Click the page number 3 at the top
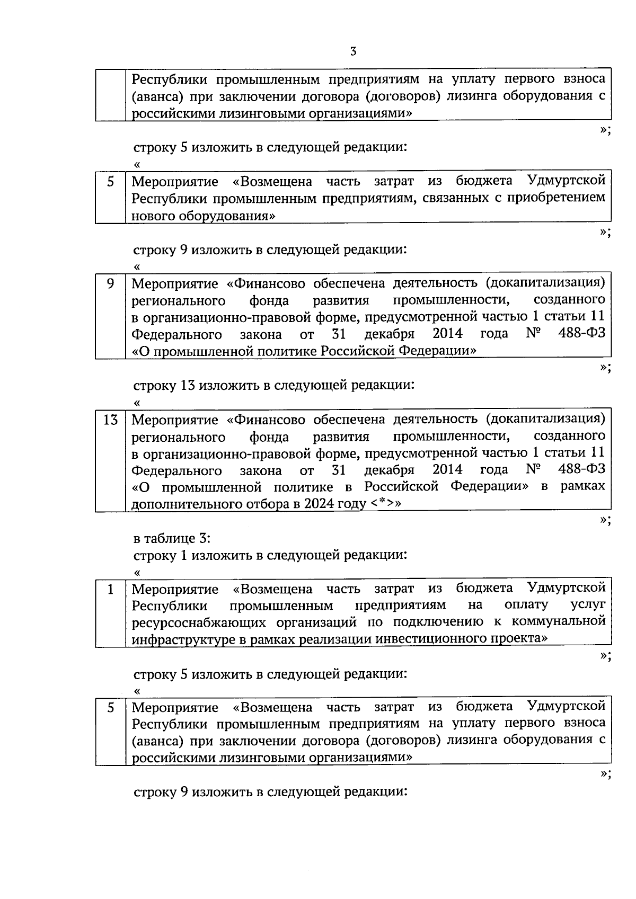click(x=354, y=51)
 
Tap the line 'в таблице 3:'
click(x=172, y=538)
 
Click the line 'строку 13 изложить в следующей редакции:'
click(x=273, y=385)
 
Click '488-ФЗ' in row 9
click(x=581, y=334)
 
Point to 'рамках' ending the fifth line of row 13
click(x=582, y=487)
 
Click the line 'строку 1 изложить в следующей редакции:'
click(x=270, y=555)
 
